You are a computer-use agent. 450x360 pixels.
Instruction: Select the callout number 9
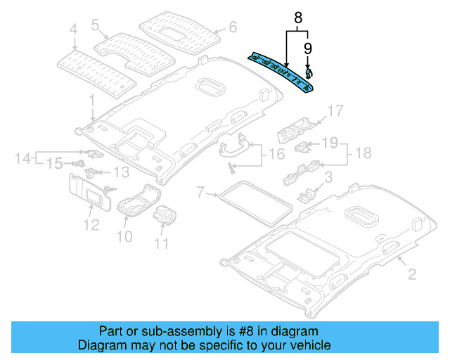307,48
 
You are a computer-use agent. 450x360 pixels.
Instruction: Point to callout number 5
95,25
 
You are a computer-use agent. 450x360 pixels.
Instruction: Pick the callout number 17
334,110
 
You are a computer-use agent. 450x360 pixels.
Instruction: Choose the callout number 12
89,225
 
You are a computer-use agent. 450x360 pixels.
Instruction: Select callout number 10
124,236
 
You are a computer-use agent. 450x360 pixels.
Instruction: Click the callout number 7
200,191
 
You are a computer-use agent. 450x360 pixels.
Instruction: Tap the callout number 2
402,272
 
